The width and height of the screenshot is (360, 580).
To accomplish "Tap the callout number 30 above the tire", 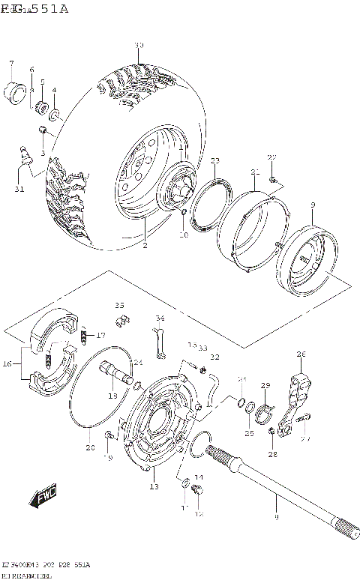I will tap(138, 46).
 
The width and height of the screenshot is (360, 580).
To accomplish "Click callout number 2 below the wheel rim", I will tap(145, 245).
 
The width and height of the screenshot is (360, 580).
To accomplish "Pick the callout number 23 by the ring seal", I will tap(214, 161).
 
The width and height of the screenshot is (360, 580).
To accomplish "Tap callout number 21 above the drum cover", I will tap(255, 172).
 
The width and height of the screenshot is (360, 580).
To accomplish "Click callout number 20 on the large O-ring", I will tap(90, 448).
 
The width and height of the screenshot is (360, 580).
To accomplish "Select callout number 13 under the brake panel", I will tap(154, 487).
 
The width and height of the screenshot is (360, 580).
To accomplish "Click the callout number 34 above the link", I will tap(159, 318).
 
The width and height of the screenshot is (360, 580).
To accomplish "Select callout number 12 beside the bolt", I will tap(199, 514).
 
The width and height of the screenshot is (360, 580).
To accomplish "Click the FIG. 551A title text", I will tap(34, 9).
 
